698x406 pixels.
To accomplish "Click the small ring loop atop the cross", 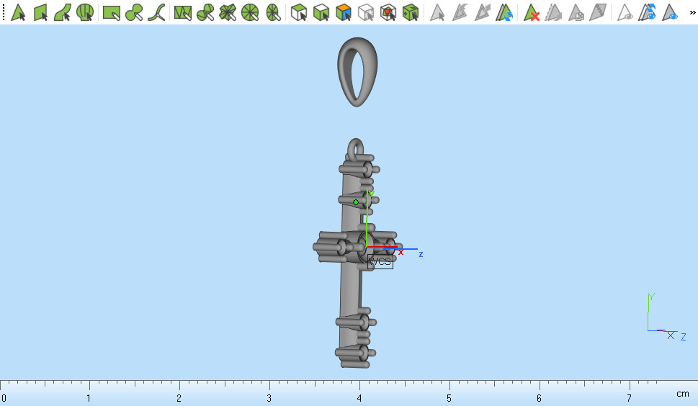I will pos(357,150).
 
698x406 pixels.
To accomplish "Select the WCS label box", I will pos(380,261).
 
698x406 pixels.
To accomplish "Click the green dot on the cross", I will pos(356,202).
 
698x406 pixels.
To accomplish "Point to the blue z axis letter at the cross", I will pos(421,254).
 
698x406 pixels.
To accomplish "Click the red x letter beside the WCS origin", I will pos(401,252).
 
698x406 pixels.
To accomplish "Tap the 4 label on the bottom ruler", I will pos(359,398).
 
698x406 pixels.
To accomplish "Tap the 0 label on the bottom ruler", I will pos(4,398).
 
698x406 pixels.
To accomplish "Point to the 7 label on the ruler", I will pos(629,398).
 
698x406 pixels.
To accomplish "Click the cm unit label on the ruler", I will pos(682,394).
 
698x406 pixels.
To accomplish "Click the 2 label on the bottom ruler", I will pos(179,398).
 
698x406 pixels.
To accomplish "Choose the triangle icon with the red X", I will pos(532,12).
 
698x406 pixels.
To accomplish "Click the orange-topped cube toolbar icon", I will pos(344,12).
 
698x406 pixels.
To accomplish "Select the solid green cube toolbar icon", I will pos(411,12).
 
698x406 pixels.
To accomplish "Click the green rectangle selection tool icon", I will pos(111,12).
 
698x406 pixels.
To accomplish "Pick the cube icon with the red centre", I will pos(388,12).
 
